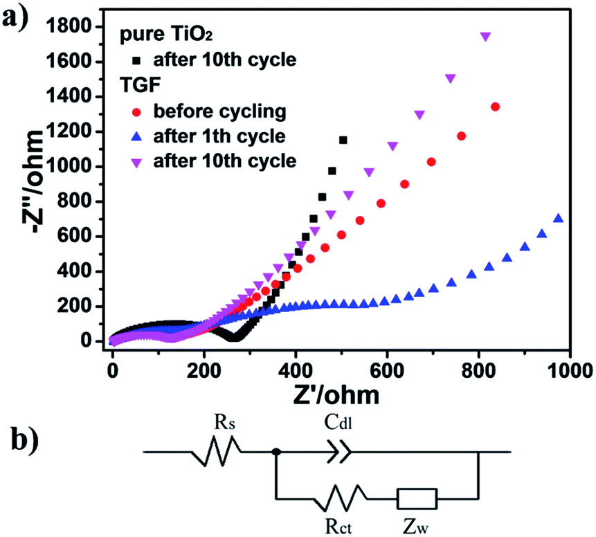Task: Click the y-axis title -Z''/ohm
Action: click(x=30, y=185)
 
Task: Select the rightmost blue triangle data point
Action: click(x=558, y=219)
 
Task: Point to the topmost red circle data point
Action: click(x=495, y=107)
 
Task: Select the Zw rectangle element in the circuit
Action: click(x=416, y=498)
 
